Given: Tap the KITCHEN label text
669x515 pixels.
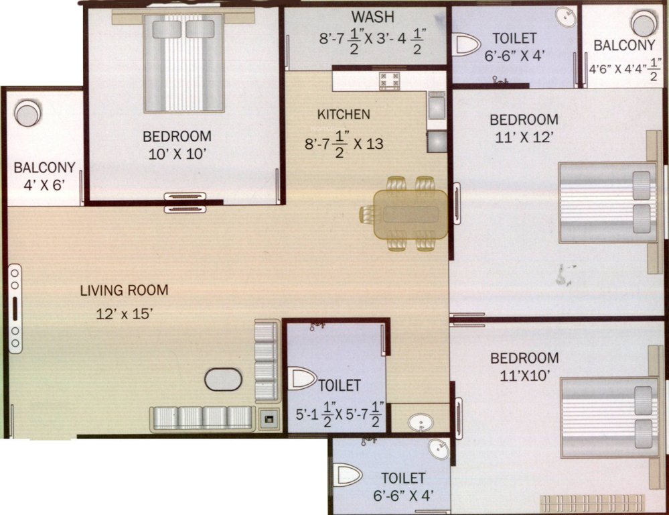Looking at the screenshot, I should pos(344,115).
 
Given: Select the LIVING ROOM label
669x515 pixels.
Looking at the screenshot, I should pos(124,290).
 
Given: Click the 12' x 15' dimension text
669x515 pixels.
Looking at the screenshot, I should pos(126,313).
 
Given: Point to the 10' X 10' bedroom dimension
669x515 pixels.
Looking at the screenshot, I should pos(177,154).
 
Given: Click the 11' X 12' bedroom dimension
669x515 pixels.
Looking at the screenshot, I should pos(524,138).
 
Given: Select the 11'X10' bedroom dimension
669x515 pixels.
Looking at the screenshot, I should pos(524,376).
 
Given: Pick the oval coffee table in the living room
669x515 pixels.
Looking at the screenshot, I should pos(223,380).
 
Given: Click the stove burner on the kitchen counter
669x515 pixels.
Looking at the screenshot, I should pos(390,80).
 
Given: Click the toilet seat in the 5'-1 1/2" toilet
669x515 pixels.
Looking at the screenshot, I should pos(301,378).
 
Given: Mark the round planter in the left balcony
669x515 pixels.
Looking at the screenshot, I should pos(27,113).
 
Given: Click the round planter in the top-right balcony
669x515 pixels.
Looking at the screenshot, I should pos(644,23).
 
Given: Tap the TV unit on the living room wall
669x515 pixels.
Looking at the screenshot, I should pos(15,308).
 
